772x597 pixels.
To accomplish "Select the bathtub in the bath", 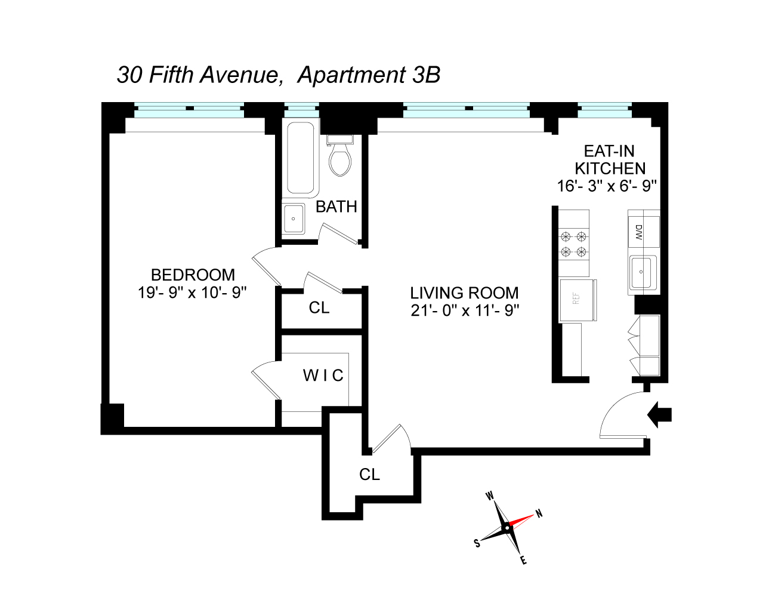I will point(300,159).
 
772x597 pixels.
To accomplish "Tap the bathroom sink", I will point(293,219).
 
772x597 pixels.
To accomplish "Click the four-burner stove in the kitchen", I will point(573,244).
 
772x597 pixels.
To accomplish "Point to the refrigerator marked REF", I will point(577,300).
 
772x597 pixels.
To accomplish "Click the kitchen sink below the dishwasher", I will point(643,272).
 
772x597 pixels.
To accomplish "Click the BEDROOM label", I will point(193,275).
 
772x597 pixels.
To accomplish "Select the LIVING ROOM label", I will point(464,293).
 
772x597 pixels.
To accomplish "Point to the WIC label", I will point(323,376).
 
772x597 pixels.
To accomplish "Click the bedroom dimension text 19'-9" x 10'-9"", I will point(193,293).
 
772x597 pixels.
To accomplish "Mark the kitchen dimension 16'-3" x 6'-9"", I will point(607,186).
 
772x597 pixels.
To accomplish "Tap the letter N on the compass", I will point(539,513).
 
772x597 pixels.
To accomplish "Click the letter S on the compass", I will point(477,543).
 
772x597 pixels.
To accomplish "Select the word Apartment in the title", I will point(351,75).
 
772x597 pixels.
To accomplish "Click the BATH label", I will point(336,207).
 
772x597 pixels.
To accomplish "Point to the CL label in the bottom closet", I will point(369,475).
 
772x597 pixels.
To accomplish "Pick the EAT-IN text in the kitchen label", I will point(609,152).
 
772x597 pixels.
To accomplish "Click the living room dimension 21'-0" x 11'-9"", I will point(464,310).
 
